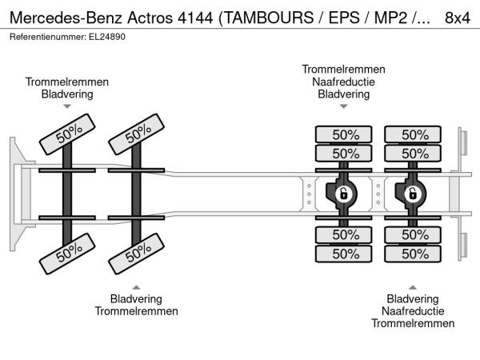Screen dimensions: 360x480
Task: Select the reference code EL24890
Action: pos(106,37)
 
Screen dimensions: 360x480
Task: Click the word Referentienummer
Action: pos(46,37)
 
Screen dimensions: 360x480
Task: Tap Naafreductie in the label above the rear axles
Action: pos(343,82)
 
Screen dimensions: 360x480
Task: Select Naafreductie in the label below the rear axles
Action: pos(413,310)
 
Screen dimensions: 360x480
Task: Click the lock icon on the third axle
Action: pos(342,194)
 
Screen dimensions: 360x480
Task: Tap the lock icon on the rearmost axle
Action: pos(413,194)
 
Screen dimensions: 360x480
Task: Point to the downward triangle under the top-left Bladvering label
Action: pos(67,106)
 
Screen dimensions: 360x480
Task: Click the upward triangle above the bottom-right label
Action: pos(413,286)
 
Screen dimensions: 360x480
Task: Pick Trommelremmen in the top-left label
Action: pos(67,82)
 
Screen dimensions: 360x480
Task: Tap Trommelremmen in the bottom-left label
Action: pos(137,310)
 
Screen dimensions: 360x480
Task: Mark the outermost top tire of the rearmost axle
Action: pos(413,134)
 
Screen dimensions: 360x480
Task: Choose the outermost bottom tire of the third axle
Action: pos(344,254)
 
